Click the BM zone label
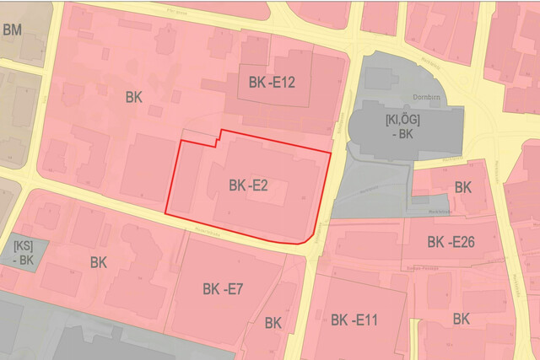tap(12, 30)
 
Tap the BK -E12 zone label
tap(272, 83)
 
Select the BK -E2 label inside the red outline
tap(248, 185)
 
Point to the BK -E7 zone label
tap(223, 289)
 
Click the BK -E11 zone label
tap(354, 320)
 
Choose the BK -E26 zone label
tap(451, 243)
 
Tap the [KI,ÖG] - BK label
tap(402, 127)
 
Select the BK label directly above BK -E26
tap(463, 187)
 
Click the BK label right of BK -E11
tap(461, 319)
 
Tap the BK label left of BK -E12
tap(133, 97)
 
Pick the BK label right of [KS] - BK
tap(99, 262)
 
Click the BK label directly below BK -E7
tap(273, 322)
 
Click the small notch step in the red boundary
tap(219, 137)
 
